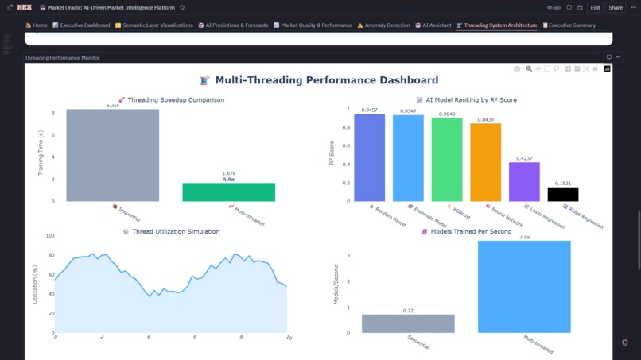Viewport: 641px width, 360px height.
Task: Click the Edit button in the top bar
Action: (x=595, y=7)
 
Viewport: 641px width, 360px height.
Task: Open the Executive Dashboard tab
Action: (x=81, y=25)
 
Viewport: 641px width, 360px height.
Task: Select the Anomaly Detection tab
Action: (x=383, y=25)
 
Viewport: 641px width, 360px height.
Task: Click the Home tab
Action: (x=37, y=25)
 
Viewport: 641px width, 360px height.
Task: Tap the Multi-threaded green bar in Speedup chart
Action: (x=218, y=192)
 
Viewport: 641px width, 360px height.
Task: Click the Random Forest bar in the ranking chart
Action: (x=369, y=157)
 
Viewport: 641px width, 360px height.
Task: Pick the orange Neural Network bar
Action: (x=485, y=162)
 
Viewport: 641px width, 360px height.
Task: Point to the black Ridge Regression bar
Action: (x=563, y=194)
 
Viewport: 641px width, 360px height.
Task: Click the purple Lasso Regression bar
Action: (x=524, y=181)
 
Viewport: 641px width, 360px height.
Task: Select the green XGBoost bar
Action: (x=446, y=159)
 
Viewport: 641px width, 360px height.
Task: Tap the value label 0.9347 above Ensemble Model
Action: (x=408, y=111)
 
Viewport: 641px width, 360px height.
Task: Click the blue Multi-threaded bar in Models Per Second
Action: (x=524, y=286)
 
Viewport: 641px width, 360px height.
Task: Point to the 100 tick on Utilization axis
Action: (x=49, y=236)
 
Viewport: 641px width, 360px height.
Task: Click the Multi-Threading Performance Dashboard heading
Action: (x=319, y=80)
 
